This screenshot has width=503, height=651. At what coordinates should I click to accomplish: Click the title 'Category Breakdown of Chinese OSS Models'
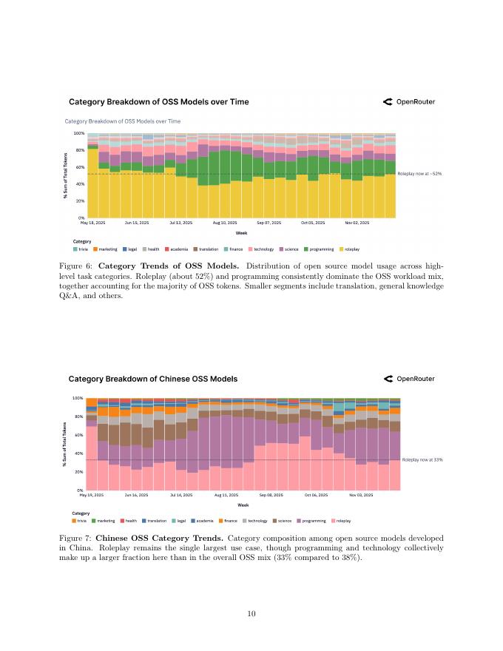153,379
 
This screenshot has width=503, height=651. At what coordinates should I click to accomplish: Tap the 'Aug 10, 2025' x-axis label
225,222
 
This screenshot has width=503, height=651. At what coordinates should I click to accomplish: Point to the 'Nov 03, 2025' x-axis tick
361,494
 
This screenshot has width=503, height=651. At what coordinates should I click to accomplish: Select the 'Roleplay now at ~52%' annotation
419,173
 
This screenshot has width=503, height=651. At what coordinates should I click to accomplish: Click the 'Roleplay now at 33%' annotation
422,459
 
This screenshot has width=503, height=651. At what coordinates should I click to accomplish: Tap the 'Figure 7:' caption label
75,538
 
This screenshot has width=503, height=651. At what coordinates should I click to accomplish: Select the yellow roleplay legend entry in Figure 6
350,249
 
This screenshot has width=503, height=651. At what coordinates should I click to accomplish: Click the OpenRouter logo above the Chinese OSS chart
409,379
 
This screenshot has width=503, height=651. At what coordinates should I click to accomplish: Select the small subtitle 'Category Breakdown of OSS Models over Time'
123,121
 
